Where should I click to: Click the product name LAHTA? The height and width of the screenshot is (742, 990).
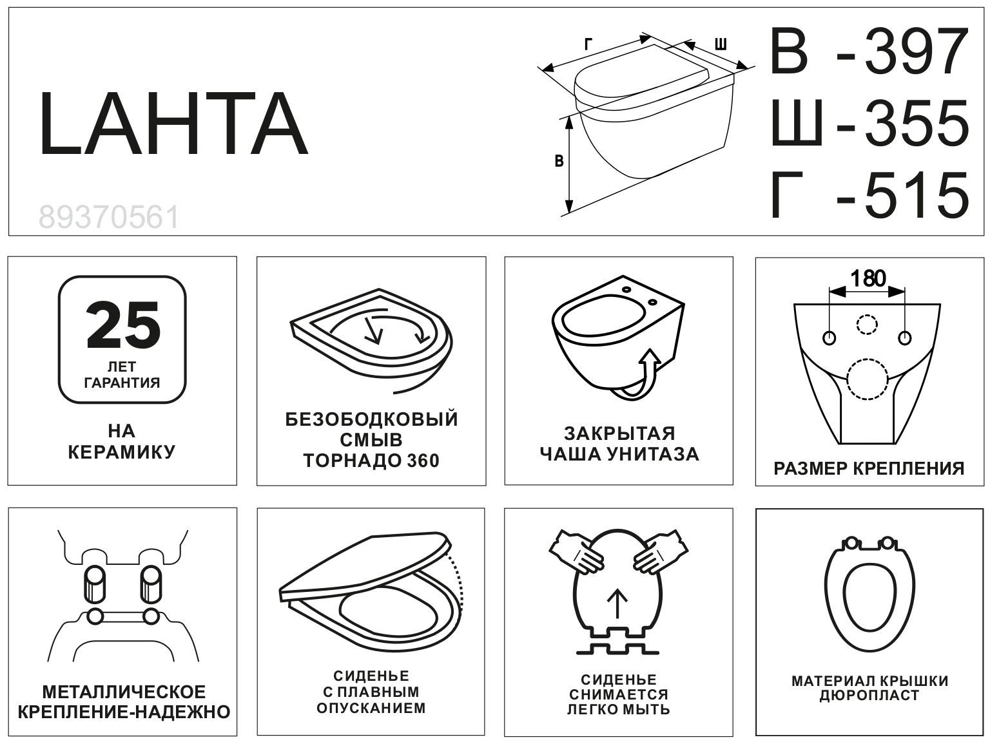(x=173, y=124)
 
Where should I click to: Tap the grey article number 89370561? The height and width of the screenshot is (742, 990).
(x=109, y=218)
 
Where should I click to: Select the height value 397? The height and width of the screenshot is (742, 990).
(x=916, y=52)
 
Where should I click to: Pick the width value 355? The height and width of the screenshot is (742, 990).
(x=916, y=122)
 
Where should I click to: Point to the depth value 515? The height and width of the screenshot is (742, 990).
(x=916, y=194)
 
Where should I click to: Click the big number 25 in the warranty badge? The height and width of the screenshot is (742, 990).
(x=122, y=325)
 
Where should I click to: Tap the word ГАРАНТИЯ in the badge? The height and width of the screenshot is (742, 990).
(x=122, y=383)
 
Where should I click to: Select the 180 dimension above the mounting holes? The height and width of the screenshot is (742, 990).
(x=868, y=279)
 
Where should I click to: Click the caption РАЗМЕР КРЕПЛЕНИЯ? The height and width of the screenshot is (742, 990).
(x=869, y=468)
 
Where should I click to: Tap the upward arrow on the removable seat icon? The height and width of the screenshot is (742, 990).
(x=617, y=603)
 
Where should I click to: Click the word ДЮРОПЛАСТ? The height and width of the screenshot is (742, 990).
(x=869, y=696)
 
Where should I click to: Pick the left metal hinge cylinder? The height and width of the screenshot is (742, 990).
(x=95, y=584)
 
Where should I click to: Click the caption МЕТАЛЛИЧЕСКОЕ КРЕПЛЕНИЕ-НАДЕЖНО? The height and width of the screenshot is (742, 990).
(x=123, y=702)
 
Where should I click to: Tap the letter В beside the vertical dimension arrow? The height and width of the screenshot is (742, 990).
(x=559, y=161)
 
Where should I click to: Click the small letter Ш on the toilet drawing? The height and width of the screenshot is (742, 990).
(x=721, y=44)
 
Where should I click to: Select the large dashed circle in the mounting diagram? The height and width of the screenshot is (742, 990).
(x=867, y=380)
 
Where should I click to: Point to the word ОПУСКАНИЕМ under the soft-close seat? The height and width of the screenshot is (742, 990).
(x=371, y=709)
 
